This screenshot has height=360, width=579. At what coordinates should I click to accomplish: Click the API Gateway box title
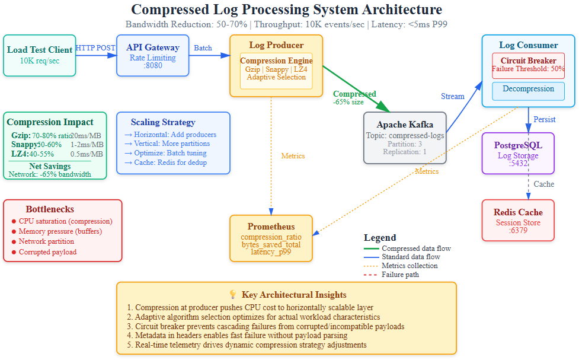coord(153,47)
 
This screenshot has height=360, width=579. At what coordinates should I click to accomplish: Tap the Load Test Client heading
coord(40,50)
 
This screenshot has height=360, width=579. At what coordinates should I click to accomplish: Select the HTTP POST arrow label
coord(95,48)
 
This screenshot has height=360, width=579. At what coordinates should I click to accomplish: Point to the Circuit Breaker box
coord(528,65)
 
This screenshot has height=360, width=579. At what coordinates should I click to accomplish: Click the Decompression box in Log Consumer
coord(528,90)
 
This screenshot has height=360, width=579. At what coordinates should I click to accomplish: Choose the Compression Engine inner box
coord(276,70)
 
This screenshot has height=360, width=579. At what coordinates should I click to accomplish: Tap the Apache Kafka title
coord(405,125)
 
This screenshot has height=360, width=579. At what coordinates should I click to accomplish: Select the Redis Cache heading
coord(518,212)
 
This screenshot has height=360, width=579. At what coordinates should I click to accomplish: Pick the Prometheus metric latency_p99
coord(271,252)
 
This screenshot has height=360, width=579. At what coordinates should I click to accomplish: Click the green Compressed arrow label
coord(354,94)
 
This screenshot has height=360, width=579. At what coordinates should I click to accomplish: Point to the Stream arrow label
coord(453,96)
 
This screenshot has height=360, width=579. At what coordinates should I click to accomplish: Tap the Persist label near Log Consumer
coord(544,119)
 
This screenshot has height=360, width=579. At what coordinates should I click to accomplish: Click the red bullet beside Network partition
coord(14,242)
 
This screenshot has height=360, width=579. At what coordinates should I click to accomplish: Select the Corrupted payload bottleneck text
coord(47,252)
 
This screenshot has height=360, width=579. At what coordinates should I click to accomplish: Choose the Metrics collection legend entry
coord(410,266)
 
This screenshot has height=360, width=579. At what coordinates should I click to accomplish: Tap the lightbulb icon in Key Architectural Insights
coord(232,295)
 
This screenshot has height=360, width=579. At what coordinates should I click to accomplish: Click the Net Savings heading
coord(50,166)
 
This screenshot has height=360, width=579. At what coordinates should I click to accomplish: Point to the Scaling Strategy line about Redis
coord(165,163)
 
